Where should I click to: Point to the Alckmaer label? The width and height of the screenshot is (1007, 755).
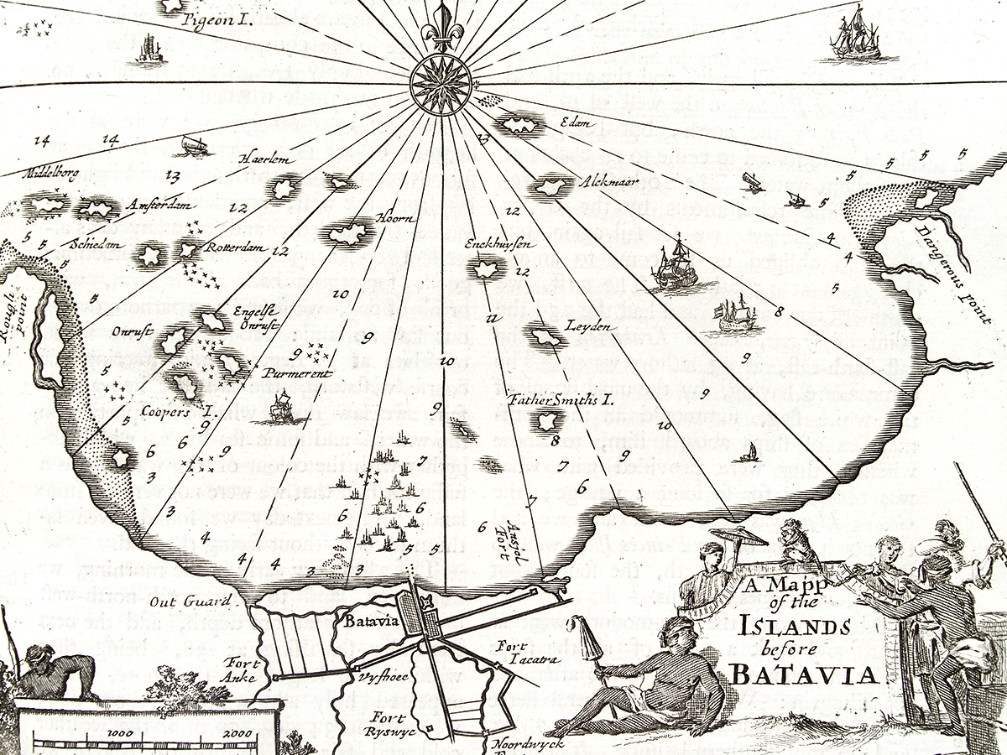point(604,180)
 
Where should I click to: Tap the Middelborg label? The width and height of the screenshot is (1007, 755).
point(52,174)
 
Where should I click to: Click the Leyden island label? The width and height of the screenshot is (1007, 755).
point(587,325)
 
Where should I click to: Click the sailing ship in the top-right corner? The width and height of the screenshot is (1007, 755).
point(855,34)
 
